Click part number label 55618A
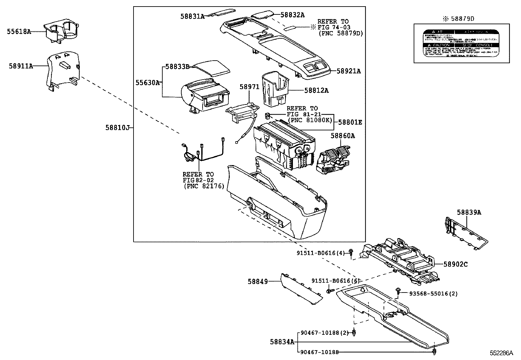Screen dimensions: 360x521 tap(19, 32)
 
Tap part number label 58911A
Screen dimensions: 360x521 tap(21, 66)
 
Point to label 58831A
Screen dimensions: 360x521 tap(192, 16)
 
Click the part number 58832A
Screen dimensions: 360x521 tap(292, 15)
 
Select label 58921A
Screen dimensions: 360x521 tap(349, 71)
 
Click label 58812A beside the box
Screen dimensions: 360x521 tap(316, 90)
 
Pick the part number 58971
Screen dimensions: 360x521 tap(249, 87)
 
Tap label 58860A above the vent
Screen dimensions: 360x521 tap(342, 135)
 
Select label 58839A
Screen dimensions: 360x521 tap(469, 212)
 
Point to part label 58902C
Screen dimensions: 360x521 tap(456, 264)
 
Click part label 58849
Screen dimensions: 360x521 tap(258, 281)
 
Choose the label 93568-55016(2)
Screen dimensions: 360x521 tap(433, 294)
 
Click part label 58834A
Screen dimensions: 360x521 tap(282, 342)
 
